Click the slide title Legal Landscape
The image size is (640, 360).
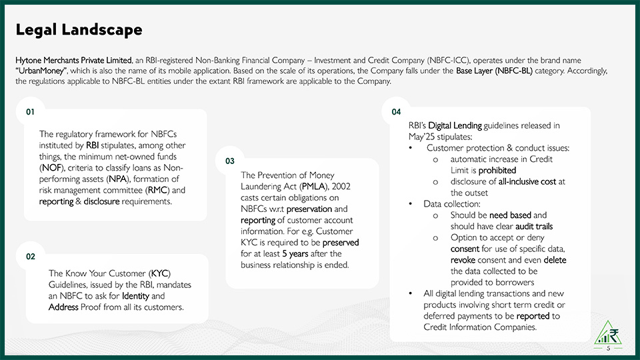(79, 30)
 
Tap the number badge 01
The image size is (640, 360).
(30, 111)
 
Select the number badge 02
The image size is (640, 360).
(30, 257)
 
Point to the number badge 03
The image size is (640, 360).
(230, 161)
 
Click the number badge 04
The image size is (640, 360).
(396, 111)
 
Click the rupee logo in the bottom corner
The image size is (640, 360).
(609, 333)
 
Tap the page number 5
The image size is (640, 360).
(608, 349)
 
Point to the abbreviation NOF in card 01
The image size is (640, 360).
(50, 168)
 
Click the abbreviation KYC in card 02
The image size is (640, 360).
(160, 273)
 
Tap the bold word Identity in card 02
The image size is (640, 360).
(136, 295)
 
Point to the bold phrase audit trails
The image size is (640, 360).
(530, 226)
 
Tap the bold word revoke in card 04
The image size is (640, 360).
(464, 260)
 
